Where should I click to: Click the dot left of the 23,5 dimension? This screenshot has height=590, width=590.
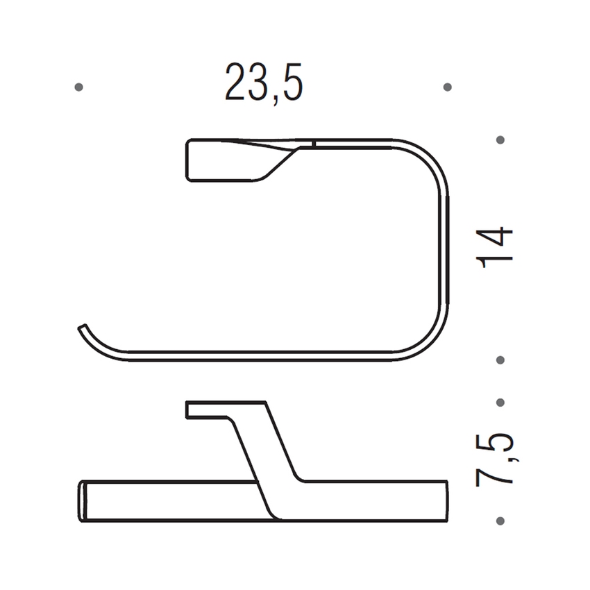click(78, 87)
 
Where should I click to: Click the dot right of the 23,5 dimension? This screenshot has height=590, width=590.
click(447, 87)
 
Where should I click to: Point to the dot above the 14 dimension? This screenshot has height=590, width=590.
click(500, 140)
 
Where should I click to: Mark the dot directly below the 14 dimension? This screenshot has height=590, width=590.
click(500, 360)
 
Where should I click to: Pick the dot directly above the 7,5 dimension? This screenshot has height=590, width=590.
click(500, 402)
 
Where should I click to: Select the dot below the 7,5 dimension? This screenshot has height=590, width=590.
click(500, 519)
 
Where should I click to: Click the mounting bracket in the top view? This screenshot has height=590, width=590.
click(229, 160)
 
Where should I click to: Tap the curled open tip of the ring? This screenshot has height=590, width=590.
click(84, 328)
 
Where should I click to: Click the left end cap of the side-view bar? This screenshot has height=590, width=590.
click(81, 500)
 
